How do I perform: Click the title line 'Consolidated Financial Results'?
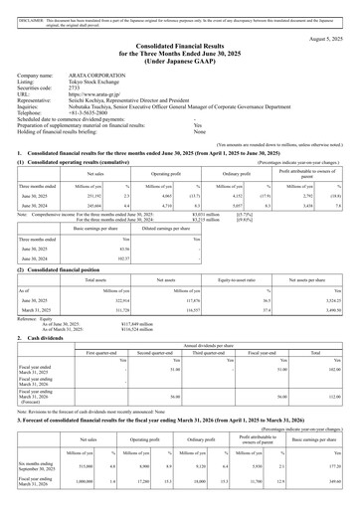coord(179,48)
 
